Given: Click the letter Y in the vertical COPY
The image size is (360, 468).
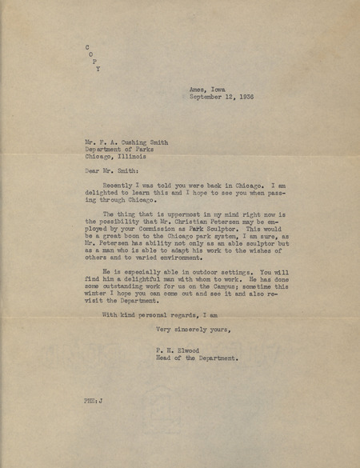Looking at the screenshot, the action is pos(98,69).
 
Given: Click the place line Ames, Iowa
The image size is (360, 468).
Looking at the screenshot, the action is pos(207,90).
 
